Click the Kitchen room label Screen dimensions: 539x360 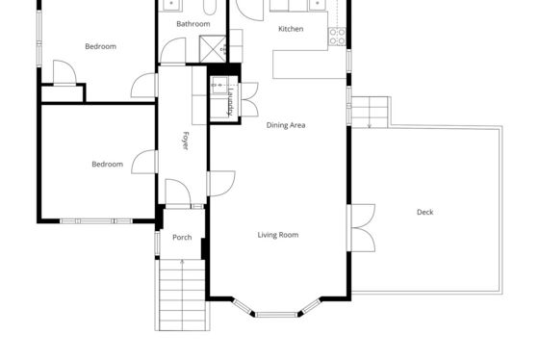[x=291, y=29]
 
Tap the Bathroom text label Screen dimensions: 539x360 [x=193, y=24]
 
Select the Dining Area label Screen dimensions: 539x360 [x=286, y=125]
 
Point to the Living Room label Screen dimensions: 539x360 [x=278, y=235]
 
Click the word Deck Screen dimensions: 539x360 [x=424, y=212]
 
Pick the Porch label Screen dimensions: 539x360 [x=182, y=237]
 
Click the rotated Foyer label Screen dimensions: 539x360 [x=185, y=141]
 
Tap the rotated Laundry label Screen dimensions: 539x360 [x=230, y=101]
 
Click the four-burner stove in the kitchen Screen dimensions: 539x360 [x=337, y=37]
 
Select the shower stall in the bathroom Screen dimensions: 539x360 [x=213, y=49]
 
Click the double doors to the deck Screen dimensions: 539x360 [x=361, y=227]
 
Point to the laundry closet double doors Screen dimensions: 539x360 [x=249, y=99]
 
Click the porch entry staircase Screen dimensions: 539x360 [x=182, y=295]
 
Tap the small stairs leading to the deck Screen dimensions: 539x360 [x=370, y=113]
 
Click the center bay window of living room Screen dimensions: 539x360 [x=276, y=314]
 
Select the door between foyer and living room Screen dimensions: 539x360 [x=221, y=184]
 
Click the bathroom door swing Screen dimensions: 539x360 [x=173, y=51]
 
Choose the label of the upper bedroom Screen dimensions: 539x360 [x=100, y=46]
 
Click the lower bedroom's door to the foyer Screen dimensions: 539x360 [x=144, y=162]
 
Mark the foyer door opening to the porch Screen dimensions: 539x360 [x=178, y=192]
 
